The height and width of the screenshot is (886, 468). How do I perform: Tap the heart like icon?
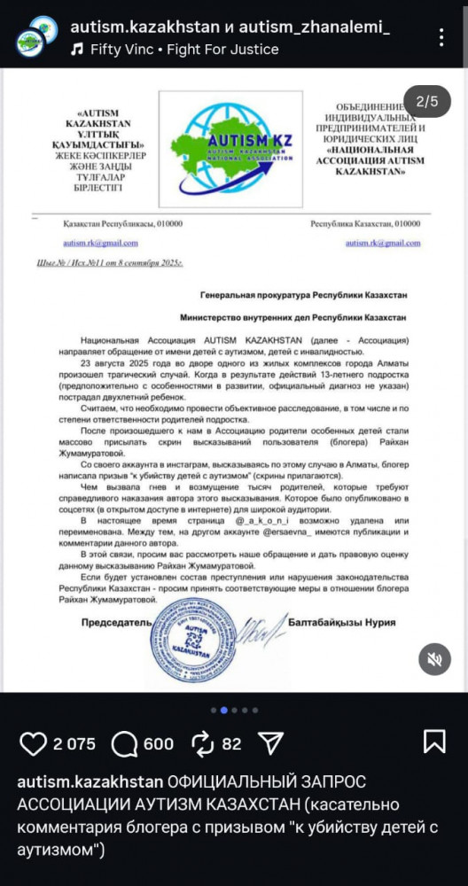[33, 742]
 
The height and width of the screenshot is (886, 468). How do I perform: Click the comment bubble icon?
[126, 742]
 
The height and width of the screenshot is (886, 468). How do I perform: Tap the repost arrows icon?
[203, 742]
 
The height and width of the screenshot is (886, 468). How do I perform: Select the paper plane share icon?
[270, 742]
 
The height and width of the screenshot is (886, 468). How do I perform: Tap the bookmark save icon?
[434, 742]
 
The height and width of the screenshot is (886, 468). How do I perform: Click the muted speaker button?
[433, 659]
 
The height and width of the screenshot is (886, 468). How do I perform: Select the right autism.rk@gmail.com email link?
[383, 243]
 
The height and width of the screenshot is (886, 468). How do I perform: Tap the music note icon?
[78, 50]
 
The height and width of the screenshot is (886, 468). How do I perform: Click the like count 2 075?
[74, 743]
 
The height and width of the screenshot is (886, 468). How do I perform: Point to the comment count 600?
[159, 743]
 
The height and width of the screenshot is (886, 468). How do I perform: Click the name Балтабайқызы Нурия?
[342, 623]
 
